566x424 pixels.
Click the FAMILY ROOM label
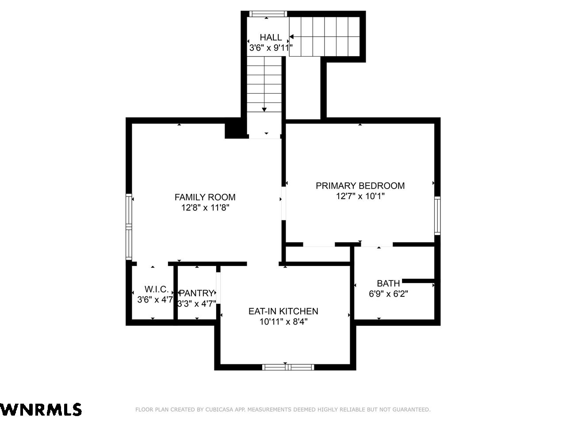click(205, 197)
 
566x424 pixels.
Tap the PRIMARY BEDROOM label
click(360, 185)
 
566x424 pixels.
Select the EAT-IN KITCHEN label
click(283, 311)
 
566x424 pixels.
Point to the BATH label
click(388, 284)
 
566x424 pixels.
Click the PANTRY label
click(196, 293)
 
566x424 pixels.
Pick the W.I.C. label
click(157, 289)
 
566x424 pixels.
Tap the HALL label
click(271, 38)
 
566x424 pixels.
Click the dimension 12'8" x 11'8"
click(205, 208)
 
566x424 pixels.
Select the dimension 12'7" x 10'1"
click(360, 196)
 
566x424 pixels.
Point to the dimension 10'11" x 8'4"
click(283, 322)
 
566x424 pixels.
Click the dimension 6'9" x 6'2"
click(388, 294)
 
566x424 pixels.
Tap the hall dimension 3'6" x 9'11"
click(271, 48)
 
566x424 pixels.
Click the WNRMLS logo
click(41, 409)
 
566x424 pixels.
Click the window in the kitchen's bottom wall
click(288, 367)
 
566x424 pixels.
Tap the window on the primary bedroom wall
click(437, 216)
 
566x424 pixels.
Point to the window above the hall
click(268, 14)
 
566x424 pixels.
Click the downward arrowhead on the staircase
click(264, 110)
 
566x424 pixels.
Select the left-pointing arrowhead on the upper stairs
click(291, 37)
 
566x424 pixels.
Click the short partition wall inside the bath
click(418, 281)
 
